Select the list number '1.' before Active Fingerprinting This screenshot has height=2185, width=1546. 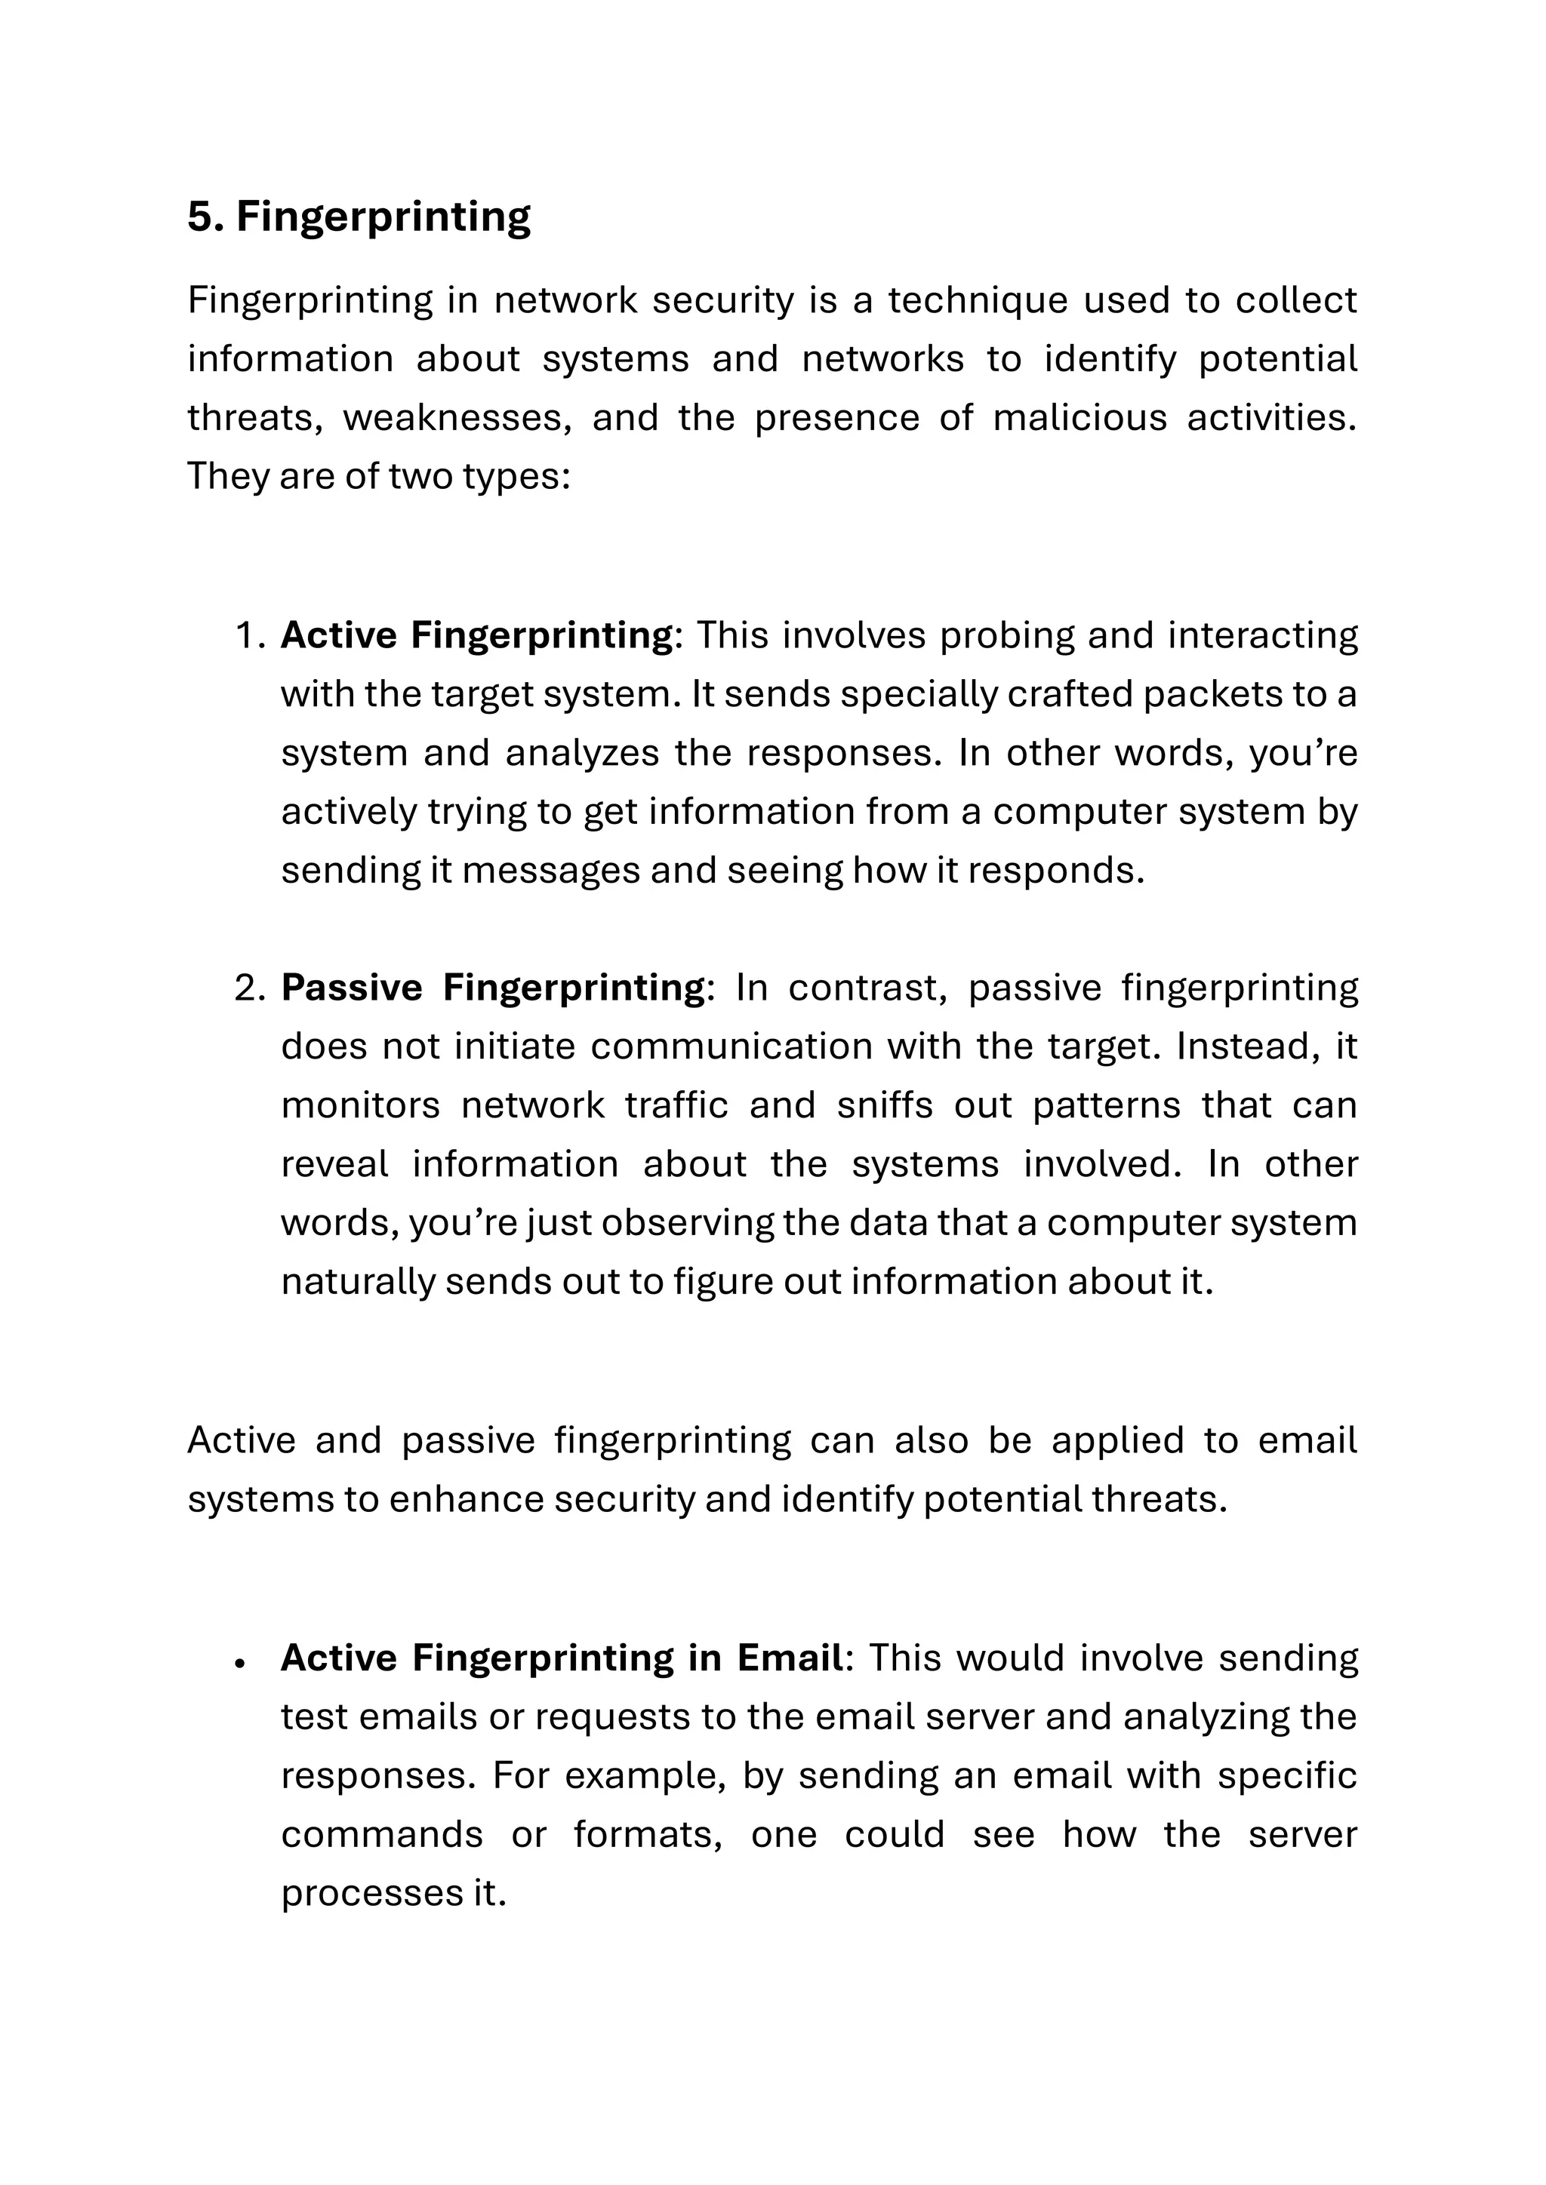coord(249,636)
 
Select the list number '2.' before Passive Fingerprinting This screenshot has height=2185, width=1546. coord(249,988)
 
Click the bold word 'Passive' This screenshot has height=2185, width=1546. coord(351,988)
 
